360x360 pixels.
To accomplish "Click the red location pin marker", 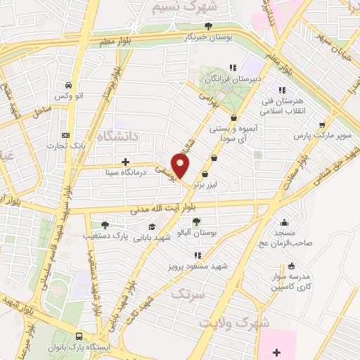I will (181, 166).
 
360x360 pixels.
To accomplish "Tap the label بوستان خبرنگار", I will (205, 37).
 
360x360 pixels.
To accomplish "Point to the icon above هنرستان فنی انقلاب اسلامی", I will (282, 90).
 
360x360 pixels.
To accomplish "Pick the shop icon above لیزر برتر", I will (205, 174).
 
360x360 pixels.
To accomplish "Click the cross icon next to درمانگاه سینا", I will (125, 161).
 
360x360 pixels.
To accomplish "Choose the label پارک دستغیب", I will (112, 237).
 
